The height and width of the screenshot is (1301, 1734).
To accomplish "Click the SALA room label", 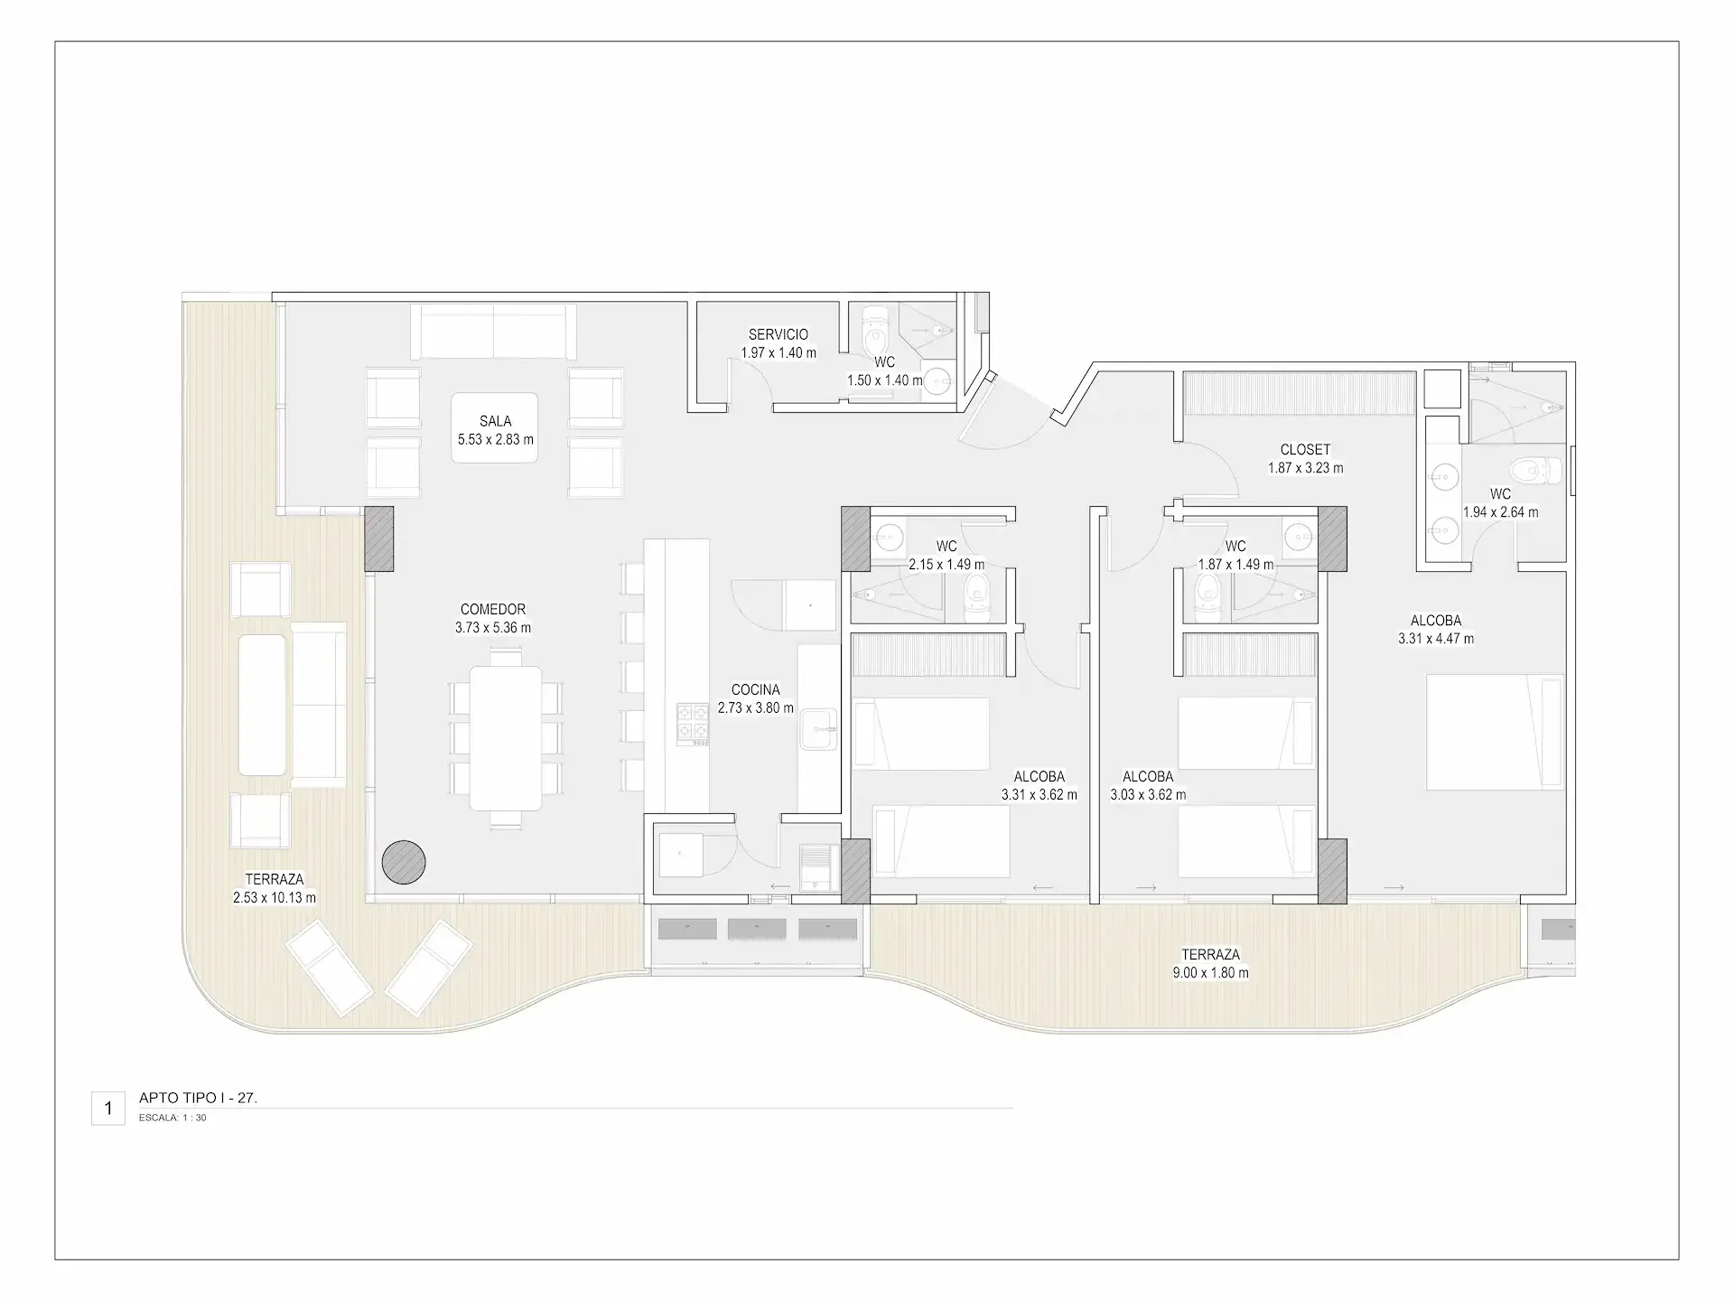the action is pyautogui.click(x=496, y=421).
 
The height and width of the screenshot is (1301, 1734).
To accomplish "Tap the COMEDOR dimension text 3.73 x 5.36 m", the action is pyautogui.click(x=493, y=628).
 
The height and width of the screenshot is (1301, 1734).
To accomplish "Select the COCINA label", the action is pyautogui.click(x=755, y=689).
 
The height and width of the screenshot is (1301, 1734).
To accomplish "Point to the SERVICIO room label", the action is pyautogui.click(x=778, y=334).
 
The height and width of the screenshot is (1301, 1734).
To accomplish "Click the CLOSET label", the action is pyautogui.click(x=1305, y=449).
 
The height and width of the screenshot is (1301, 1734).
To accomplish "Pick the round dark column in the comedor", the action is pyautogui.click(x=404, y=862).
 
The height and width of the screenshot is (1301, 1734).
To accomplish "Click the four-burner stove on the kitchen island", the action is pyautogui.click(x=693, y=725).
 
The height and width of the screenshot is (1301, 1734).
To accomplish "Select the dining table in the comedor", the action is pyautogui.click(x=506, y=738).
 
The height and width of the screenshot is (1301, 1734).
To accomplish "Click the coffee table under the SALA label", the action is pyautogui.click(x=495, y=428).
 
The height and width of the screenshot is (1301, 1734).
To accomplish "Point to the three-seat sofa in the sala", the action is pyautogui.click(x=493, y=332).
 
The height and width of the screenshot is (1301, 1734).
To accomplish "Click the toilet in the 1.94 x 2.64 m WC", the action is pyautogui.click(x=1535, y=469).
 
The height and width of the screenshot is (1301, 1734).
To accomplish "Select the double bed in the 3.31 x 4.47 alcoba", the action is pyautogui.click(x=1495, y=733).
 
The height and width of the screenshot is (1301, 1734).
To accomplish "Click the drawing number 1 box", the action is pyautogui.click(x=108, y=1108).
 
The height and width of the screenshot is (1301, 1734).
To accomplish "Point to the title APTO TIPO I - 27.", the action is pyautogui.click(x=198, y=1098).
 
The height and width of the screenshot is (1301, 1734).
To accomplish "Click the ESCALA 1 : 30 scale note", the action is pyautogui.click(x=172, y=1118).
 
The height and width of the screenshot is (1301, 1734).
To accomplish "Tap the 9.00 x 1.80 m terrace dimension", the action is pyautogui.click(x=1210, y=973).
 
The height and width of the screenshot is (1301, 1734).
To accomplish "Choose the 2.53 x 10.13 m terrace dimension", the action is pyautogui.click(x=275, y=898).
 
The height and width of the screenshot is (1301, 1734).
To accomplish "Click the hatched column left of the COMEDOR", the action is pyautogui.click(x=379, y=538).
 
